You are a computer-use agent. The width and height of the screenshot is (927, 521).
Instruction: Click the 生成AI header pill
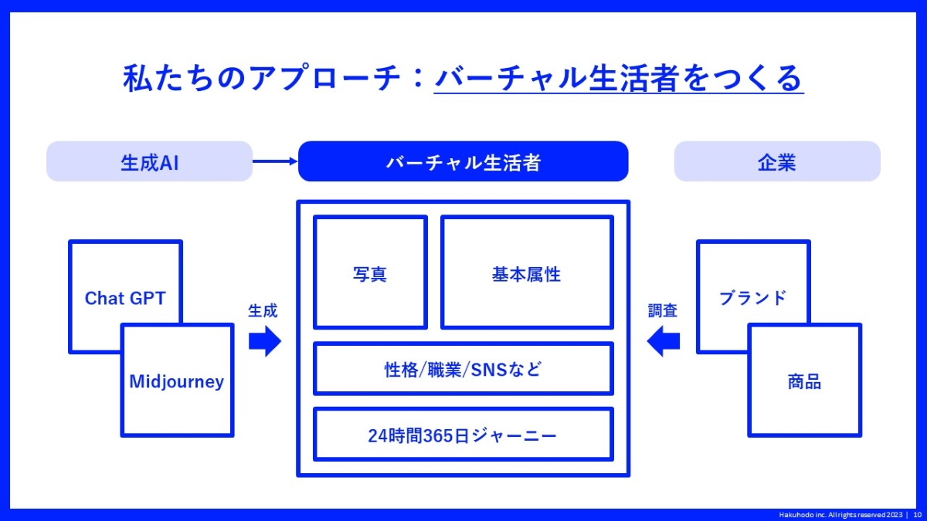pyautogui.click(x=149, y=161)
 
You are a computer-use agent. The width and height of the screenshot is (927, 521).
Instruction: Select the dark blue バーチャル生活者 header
pyautogui.click(x=463, y=161)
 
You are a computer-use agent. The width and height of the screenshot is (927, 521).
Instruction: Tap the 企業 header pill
pyautogui.click(x=777, y=161)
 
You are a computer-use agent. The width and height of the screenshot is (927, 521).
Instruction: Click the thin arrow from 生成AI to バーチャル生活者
pyautogui.click(x=275, y=161)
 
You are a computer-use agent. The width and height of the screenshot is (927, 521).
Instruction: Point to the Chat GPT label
pyautogui.click(x=125, y=298)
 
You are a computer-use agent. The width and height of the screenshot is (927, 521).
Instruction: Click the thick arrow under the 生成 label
pyautogui.click(x=265, y=341)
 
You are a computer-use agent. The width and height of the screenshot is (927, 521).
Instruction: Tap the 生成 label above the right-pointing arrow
pyautogui.click(x=263, y=310)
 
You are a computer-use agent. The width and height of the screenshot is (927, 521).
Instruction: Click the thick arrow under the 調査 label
pyautogui.click(x=663, y=341)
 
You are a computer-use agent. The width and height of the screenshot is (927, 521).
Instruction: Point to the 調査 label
pyautogui.click(x=663, y=310)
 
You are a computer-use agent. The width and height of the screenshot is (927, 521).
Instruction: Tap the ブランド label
pyautogui.click(x=752, y=298)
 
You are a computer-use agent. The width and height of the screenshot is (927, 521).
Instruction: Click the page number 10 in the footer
pyautogui.click(x=917, y=515)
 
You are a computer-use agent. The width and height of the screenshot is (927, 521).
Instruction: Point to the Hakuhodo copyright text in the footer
pyautogui.click(x=840, y=515)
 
